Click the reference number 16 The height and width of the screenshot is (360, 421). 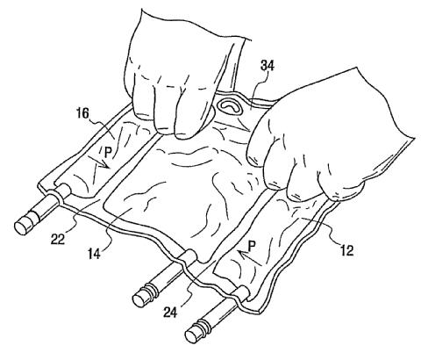click(x=82, y=113)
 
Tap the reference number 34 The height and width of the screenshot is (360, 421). click(x=268, y=67)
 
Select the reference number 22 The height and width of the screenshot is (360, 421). click(x=58, y=240)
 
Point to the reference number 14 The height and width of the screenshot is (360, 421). click(x=94, y=254)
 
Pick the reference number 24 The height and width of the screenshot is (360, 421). click(x=170, y=313)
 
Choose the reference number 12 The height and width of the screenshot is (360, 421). click(x=346, y=251)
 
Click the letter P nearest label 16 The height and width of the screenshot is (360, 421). click(x=108, y=153)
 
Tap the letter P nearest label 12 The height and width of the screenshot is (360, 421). click(x=251, y=247)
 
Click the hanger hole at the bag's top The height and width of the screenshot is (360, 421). click(x=230, y=107)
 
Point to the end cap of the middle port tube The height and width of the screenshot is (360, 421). click(x=141, y=299)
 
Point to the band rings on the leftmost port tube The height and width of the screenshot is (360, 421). click(x=38, y=214)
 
